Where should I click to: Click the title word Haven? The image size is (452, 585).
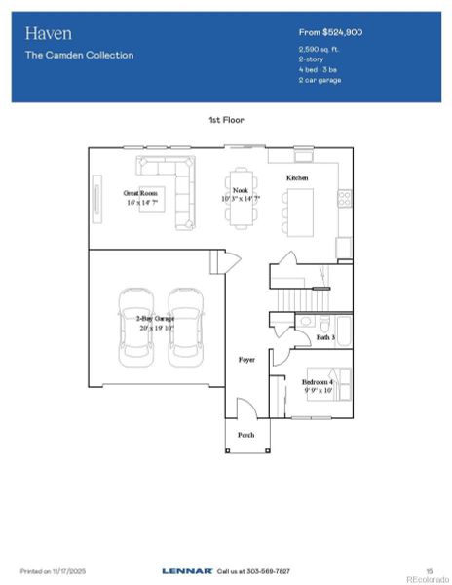49,33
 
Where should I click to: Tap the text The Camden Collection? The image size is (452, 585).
80,55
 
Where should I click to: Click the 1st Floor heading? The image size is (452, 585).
225,119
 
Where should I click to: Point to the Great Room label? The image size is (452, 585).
140,194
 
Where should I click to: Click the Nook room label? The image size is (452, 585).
240,191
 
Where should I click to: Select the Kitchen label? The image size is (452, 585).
296,178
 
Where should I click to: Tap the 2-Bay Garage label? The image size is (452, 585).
156,319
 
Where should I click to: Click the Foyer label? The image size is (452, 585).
247,360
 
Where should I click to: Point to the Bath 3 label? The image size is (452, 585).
325,337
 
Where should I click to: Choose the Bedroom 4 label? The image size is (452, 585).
318,382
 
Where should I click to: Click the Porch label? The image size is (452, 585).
246,435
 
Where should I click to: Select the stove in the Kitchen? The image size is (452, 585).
344,198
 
